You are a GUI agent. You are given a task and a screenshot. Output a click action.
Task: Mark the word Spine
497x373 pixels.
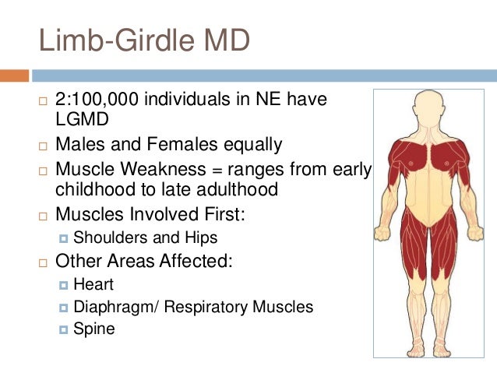coord(94,329)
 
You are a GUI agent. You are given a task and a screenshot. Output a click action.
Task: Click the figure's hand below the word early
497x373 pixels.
coord(381,230)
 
